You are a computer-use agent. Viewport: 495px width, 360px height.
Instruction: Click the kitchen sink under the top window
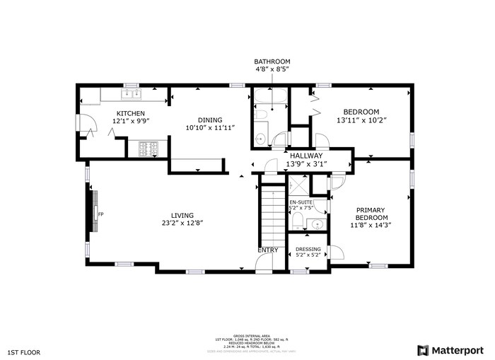(131, 93)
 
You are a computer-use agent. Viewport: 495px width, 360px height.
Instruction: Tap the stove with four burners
(147, 149)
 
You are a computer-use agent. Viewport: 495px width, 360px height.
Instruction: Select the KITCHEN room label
(131, 113)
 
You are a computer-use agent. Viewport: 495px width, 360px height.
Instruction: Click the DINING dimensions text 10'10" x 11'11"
(210, 128)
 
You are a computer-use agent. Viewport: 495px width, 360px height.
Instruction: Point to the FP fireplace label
(100, 214)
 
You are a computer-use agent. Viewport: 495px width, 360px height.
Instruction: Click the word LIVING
(182, 216)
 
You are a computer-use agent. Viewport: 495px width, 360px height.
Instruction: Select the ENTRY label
(268, 250)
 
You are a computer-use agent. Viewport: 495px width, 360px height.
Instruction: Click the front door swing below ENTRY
(264, 262)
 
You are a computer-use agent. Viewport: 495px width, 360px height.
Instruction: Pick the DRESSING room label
(308, 249)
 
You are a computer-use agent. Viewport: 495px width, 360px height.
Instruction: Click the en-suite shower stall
(298, 185)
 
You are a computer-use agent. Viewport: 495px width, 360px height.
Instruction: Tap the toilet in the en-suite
(297, 223)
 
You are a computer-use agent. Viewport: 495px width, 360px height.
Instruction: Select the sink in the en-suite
(316, 224)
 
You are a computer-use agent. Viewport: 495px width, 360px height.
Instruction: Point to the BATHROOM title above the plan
(272, 62)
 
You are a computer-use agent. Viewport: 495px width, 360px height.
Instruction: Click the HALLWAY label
(305, 156)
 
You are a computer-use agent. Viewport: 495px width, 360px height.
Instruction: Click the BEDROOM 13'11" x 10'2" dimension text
(361, 120)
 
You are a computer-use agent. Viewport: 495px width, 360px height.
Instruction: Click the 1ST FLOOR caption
(25, 352)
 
